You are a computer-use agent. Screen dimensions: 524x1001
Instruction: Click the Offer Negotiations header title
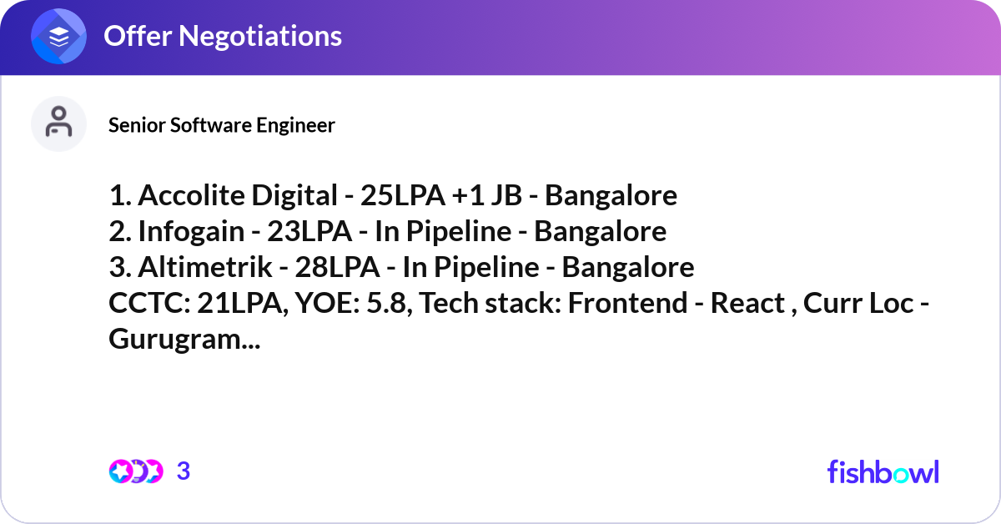222,36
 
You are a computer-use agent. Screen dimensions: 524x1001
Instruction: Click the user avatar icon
58,123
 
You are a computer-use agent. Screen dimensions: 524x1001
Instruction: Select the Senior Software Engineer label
222,125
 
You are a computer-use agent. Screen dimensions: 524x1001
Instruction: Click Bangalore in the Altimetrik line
627,267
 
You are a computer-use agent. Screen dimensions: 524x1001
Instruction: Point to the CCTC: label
148,304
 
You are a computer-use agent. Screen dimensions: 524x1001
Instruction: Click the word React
746,304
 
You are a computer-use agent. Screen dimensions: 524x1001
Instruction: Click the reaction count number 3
184,471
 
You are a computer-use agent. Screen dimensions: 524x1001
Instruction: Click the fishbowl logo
883,471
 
